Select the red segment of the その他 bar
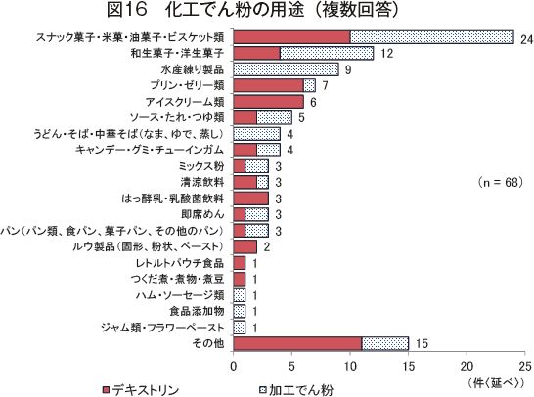click(x=297, y=344)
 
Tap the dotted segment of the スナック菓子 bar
click(x=432, y=37)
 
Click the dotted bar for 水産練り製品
click(x=286, y=69)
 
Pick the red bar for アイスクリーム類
click(x=268, y=102)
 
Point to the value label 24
click(x=526, y=39)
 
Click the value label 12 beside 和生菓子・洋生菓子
click(x=386, y=54)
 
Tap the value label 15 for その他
click(x=422, y=343)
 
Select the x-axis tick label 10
click(x=350, y=366)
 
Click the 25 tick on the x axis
click(x=525, y=366)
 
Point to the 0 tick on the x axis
click(x=234, y=366)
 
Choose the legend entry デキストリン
click(x=141, y=390)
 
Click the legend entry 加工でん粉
click(x=296, y=390)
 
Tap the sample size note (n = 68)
click(x=500, y=182)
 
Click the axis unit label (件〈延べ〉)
click(x=496, y=383)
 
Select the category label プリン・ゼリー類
click(x=188, y=85)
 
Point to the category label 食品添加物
click(x=197, y=311)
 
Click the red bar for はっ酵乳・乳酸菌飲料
click(x=251, y=198)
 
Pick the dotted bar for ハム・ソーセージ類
click(x=240, y=295)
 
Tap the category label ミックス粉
click(x=201, y=166)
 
